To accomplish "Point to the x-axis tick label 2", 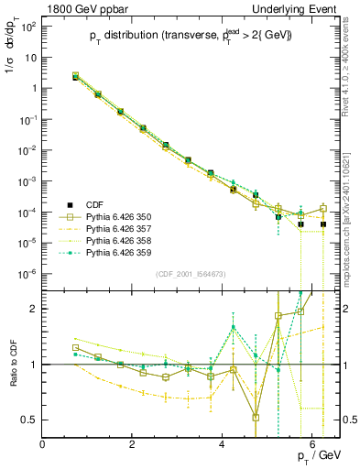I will (x=133, y=445).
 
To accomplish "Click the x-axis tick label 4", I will (x=223, y=445).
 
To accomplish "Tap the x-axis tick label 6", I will (x=312, y=445).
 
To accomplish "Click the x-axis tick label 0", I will (x=43, y=445).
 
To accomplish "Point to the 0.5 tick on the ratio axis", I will (x=29, y=420).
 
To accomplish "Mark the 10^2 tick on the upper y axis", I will (x=27, y=26).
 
